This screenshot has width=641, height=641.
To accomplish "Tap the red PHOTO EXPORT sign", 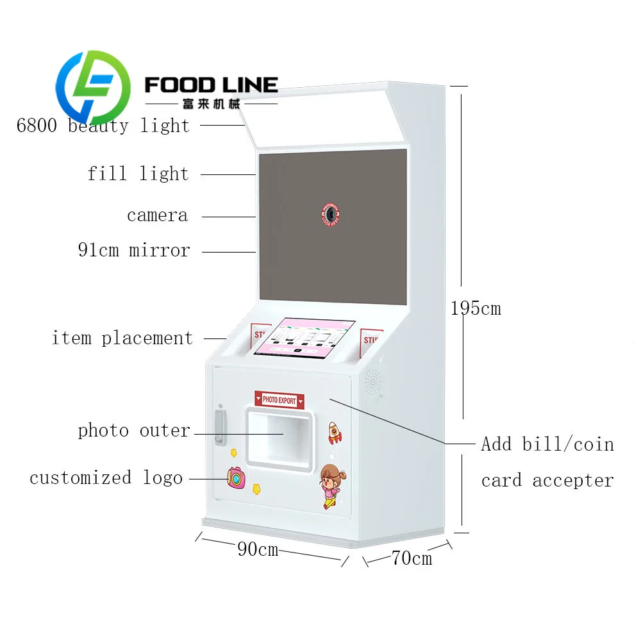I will click(279, 400).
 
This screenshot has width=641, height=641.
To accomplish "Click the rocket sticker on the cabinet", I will click(335, 433).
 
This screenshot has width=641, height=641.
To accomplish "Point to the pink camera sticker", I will click(236, 477).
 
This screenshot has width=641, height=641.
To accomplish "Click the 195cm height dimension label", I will click(475, 308).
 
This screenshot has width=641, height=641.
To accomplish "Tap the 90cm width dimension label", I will click(258, 549).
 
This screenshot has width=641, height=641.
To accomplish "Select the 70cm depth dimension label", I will click(412, 558).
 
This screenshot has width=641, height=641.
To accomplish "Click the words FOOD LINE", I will click(211, 85).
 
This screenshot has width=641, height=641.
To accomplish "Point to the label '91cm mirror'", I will click(134, 250).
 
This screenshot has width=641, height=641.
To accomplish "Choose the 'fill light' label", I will click(138, 174).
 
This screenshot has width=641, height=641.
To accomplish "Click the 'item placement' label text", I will click(122, 338).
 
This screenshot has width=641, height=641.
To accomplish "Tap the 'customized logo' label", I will click(106, 478).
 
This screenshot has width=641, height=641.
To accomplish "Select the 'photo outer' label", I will click(134, 431).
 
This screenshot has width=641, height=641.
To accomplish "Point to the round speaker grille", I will click(372, 383).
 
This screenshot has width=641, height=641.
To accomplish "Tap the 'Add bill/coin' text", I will click(547, 444).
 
